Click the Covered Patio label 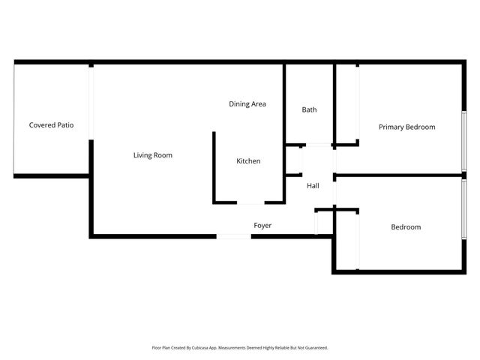pyautogui.click(x=51, y=125)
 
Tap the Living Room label pyautogui.click(x=153, y=155)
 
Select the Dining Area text pyautogui.click(x=247, y=104)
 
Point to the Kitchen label pyautogui.click(x=248, y=161)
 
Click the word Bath pyautogui.click(x=309, y=109)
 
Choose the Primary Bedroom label pyautogui.click(x=406, y=127)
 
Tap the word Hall pyautogui.click(x=313, y=185)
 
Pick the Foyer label pyautogui.click(x=262, y=225)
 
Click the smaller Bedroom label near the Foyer pyautogui.click(x=406, y=227)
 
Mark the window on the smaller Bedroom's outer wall pyautogui.click(x=464, y=210)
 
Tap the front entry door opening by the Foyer pyautogui.click(x=234, y=237)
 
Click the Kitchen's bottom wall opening pyautogui.click(x=250, y=202)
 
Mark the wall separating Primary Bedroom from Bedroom pyautogui.click(x=397, y=176)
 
